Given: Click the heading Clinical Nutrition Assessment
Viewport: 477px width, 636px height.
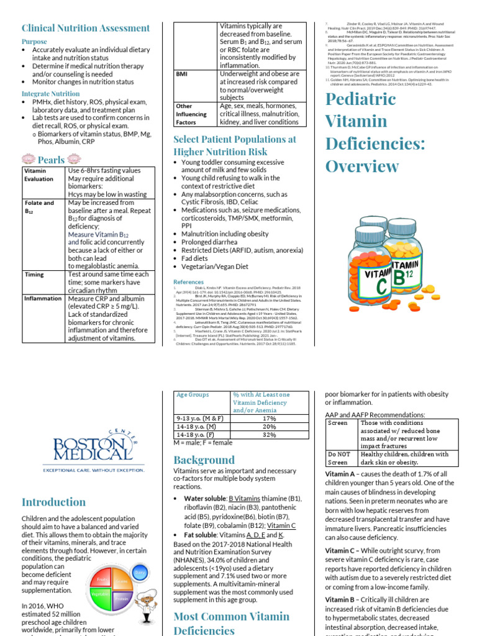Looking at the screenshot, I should [x=86, y=28].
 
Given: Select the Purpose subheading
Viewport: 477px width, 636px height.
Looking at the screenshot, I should [x=34, y=42].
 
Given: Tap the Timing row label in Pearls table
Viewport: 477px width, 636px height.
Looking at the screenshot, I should [x=34, y=274].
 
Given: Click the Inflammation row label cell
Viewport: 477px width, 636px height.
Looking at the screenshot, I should [x=43, y=298].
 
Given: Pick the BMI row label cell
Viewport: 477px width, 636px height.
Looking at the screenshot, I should [x=182, y=73].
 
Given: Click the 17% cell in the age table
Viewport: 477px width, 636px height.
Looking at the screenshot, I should [x=269, y=419].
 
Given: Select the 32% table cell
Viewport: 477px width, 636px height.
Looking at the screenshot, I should [x=269, y=435].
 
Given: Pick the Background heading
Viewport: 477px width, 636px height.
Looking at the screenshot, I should [x=204, y=460].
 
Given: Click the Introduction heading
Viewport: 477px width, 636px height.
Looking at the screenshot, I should [x=54, y=502].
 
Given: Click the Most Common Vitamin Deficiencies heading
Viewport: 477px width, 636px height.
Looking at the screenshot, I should [x=231, y=623].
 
